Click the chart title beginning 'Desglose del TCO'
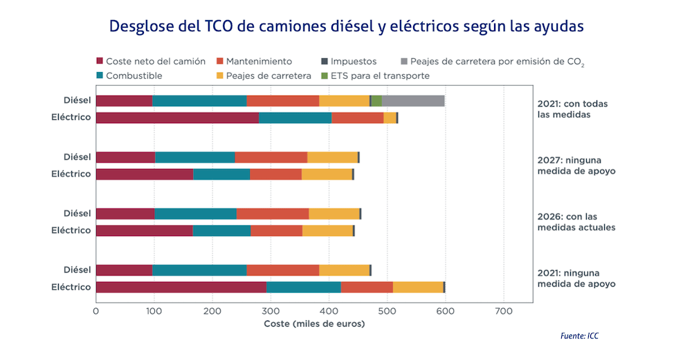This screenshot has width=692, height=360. tap(346, 26)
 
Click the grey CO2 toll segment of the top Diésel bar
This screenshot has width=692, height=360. tap(413, 101)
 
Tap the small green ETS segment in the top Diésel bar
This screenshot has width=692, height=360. tap(376, 101)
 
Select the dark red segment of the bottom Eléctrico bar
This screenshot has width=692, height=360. tap(181, 287)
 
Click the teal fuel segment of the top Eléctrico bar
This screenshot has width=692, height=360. tap(295, 118)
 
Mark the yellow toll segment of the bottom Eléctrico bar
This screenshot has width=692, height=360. tap(418, 287)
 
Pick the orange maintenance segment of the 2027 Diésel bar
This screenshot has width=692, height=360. tap(271, 157)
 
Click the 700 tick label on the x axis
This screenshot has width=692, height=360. tap(503, 312)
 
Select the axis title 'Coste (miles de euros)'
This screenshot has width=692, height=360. tap(314, 324)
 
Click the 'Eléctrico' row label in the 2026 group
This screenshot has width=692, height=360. tap(71, 231)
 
